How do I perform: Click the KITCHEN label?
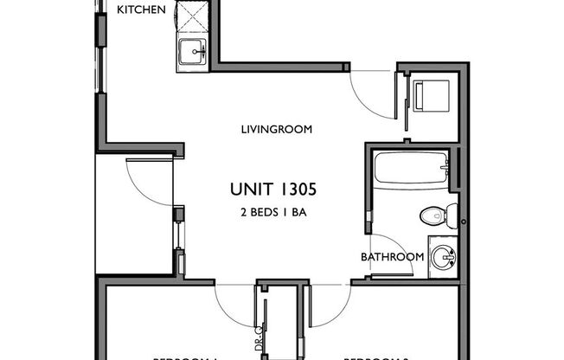tap(141, 10)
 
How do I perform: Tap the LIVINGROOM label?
tap(276, 130)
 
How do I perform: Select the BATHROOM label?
tap(392, 257)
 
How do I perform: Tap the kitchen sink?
tap(191, 55)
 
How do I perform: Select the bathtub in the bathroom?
tap(411, 167)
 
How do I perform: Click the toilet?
tap(432, 215)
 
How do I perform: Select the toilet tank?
tap(452, 215)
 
